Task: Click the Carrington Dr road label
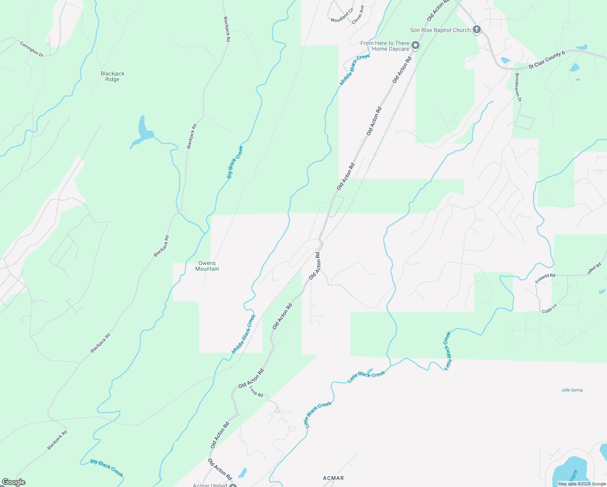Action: (x=32, y=49)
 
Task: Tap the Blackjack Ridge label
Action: (x=112, y=76)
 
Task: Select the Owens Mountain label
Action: (x=207, y=266)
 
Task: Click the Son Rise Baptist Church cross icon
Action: (x=477, y=30)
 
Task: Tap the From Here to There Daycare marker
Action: (x=415, y=45)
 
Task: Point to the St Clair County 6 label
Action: (x=547, y=60)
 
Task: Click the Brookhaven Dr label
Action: (x=518, y=87)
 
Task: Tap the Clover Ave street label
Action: (x=358, y=15)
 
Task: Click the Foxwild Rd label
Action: (x=545, y=278)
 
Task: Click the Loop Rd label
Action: (x=256, y=392)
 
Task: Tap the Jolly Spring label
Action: (x=572, y=390)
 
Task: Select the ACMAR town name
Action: (x=334, y=478)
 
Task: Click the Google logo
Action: (x=13, y=482)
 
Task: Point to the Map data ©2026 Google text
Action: (x=582, y=484)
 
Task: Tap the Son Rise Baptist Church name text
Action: (x=440, y=30)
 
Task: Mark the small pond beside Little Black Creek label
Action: (x=370, y=371)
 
